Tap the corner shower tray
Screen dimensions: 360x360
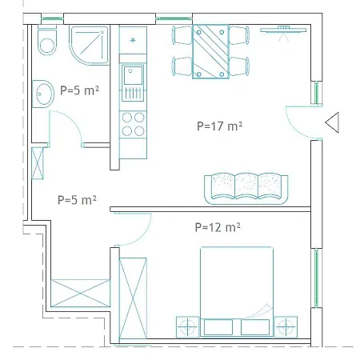pyautogui.click(x=90, y=45)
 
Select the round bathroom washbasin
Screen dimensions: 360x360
pyautogui.click(x=43, y=94)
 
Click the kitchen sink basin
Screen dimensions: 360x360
pyautogui.click(x=133, y=75)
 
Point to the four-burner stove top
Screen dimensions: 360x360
pyautogui.click(x=133, y=124)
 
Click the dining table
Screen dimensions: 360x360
pyautogui.click(x=210, y=52)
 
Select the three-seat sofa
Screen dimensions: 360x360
pyautogui.click(x=246, y=189)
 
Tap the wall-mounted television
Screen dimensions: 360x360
pyautogui.click(x=283, y=30)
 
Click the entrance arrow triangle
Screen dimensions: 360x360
pyautogui.click(x=332, y=122)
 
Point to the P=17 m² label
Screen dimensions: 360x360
pyautogui.click(x=219, y=126)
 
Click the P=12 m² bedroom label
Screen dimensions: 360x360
pyautogui.click(x=218, y=227)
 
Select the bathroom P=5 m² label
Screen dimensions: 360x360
pyautogui.click(x=79, y=90)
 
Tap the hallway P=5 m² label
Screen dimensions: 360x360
pyautogui.click(x=77, y=200)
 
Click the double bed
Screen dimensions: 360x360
pyautogui.click(x=237, y=291)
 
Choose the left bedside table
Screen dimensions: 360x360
pyautogui.click(x=187, y=327)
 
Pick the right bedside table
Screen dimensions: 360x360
pyautogui.click(x=286, y=326)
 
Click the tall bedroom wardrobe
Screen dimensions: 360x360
pyautogui.click(x=133, y=298)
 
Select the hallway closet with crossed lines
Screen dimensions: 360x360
pyautogui.click(x=80, y=293)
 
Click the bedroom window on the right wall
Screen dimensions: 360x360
pyautogui.click(x=317, y=278)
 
